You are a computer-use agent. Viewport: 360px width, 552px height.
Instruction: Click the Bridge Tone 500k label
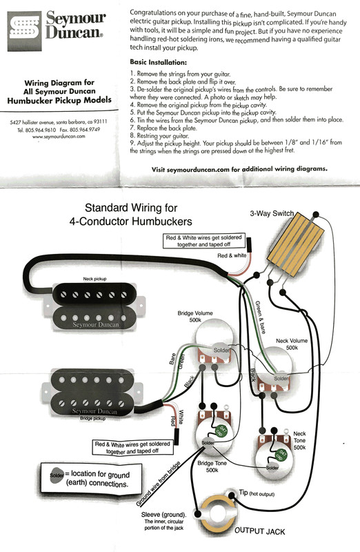pyautogui.click(x=208, y=466)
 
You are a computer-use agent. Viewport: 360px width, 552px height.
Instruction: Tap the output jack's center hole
pyautogui.click(x=221, y=513)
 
